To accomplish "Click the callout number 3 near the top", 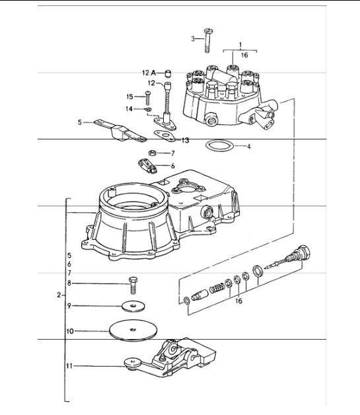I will click(194, 39).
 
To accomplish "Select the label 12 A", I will click(148, 72).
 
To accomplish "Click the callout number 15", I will click(130, 96).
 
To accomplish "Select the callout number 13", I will click(186, 140).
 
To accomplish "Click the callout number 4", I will click(249, 145).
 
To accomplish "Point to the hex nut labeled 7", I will click(151, 153).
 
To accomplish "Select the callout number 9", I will click(86, 306).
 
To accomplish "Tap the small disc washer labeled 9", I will click(133, 306).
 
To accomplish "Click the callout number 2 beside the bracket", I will click(59, 295).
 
